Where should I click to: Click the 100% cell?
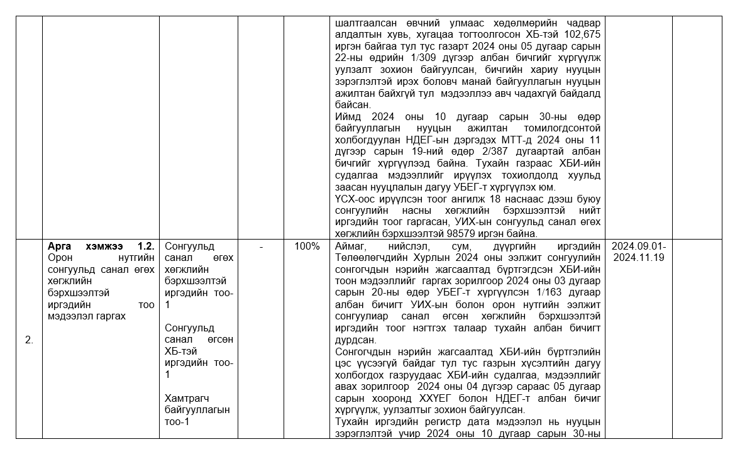(307, 246)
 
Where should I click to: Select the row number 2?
(29, 340)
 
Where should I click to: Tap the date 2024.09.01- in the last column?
(638, 246)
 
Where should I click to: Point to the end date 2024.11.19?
(638, 257)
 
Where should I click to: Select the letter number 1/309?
(423, 58)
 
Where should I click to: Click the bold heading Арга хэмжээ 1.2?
(101, 246)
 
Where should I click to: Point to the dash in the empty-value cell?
(261, 246)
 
